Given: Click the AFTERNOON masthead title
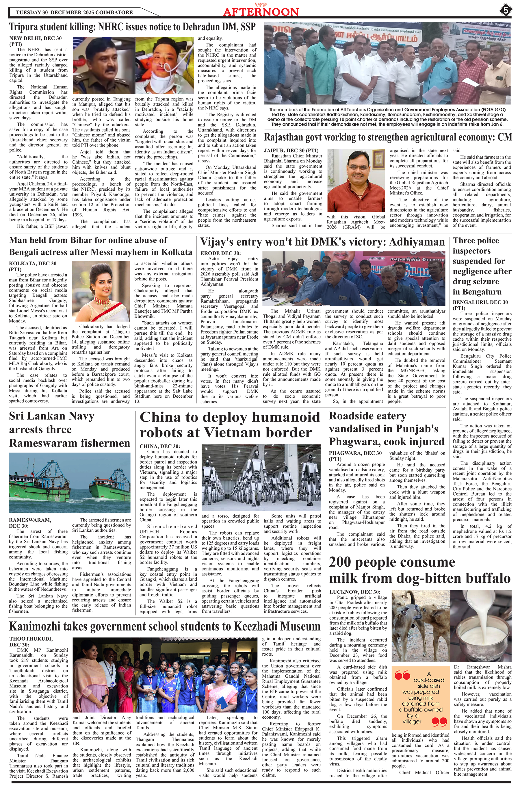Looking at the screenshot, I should [261, 12].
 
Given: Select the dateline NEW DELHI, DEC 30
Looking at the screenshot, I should [36, 38].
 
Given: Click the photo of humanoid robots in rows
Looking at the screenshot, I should [261, 478].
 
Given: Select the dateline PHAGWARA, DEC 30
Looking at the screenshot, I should [355, 453].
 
